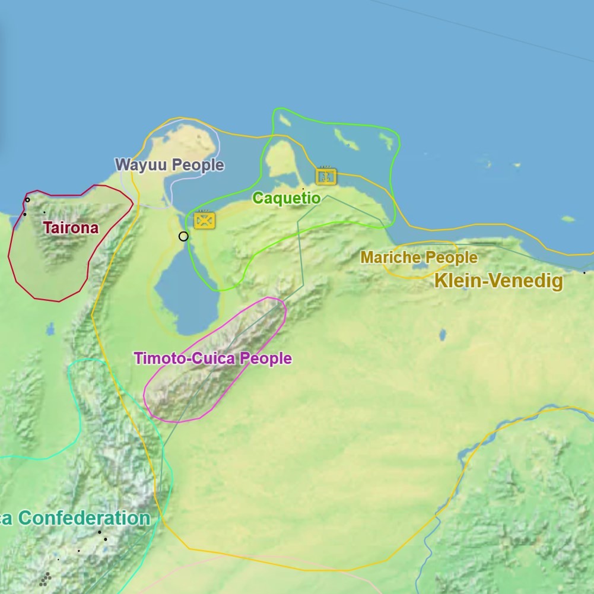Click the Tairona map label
tap(71, 228)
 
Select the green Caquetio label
tap(287, 198)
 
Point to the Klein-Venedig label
tap(498, 281)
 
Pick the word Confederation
tap(85, 518)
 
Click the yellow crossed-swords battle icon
tap(205, 220)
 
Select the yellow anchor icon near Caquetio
tap(326, 176)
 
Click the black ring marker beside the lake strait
tap(183, 236)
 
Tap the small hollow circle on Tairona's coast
tap(27, 200)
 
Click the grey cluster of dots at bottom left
tap(45, 579)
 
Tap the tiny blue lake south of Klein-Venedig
tap(442, 335)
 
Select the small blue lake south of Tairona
tap(50, 328)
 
